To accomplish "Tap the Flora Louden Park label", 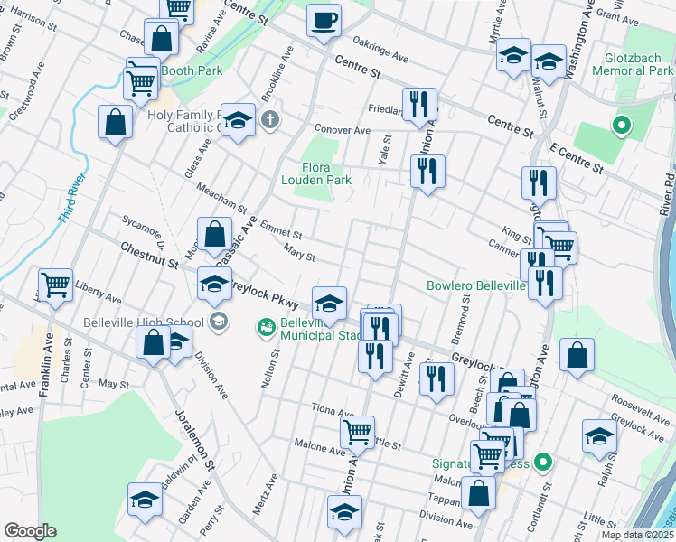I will [x=326, y=173].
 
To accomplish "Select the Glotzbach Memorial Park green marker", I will [x=621, y=126].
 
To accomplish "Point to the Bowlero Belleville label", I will [x=476, y=286].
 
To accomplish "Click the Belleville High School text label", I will [x=143, y=322].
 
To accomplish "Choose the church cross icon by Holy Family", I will [x=269, y=119].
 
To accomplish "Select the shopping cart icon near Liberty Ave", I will [x=55, y=285].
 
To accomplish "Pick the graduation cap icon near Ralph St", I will [x=599, y=436].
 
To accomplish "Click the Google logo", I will [x=30, y=531].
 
